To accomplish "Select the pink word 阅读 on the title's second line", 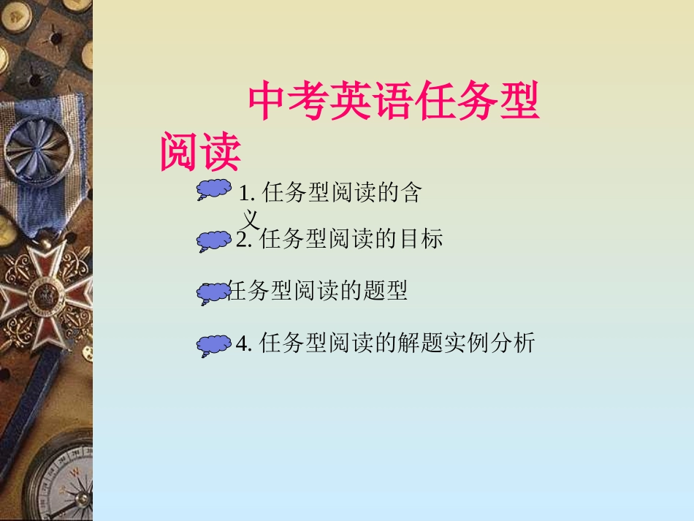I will coord(200,151).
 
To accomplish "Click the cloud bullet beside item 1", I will coord(213,190).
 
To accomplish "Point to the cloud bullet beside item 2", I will coord(214,241).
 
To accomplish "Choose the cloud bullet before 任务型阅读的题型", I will coord(213,293).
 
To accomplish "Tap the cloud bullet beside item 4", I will coord(214,346).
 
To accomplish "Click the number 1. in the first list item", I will coord(246,194).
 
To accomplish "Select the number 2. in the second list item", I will coord(245,240).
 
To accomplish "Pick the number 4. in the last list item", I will coord(244,343).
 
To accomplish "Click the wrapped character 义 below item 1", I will coord(251,218).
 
